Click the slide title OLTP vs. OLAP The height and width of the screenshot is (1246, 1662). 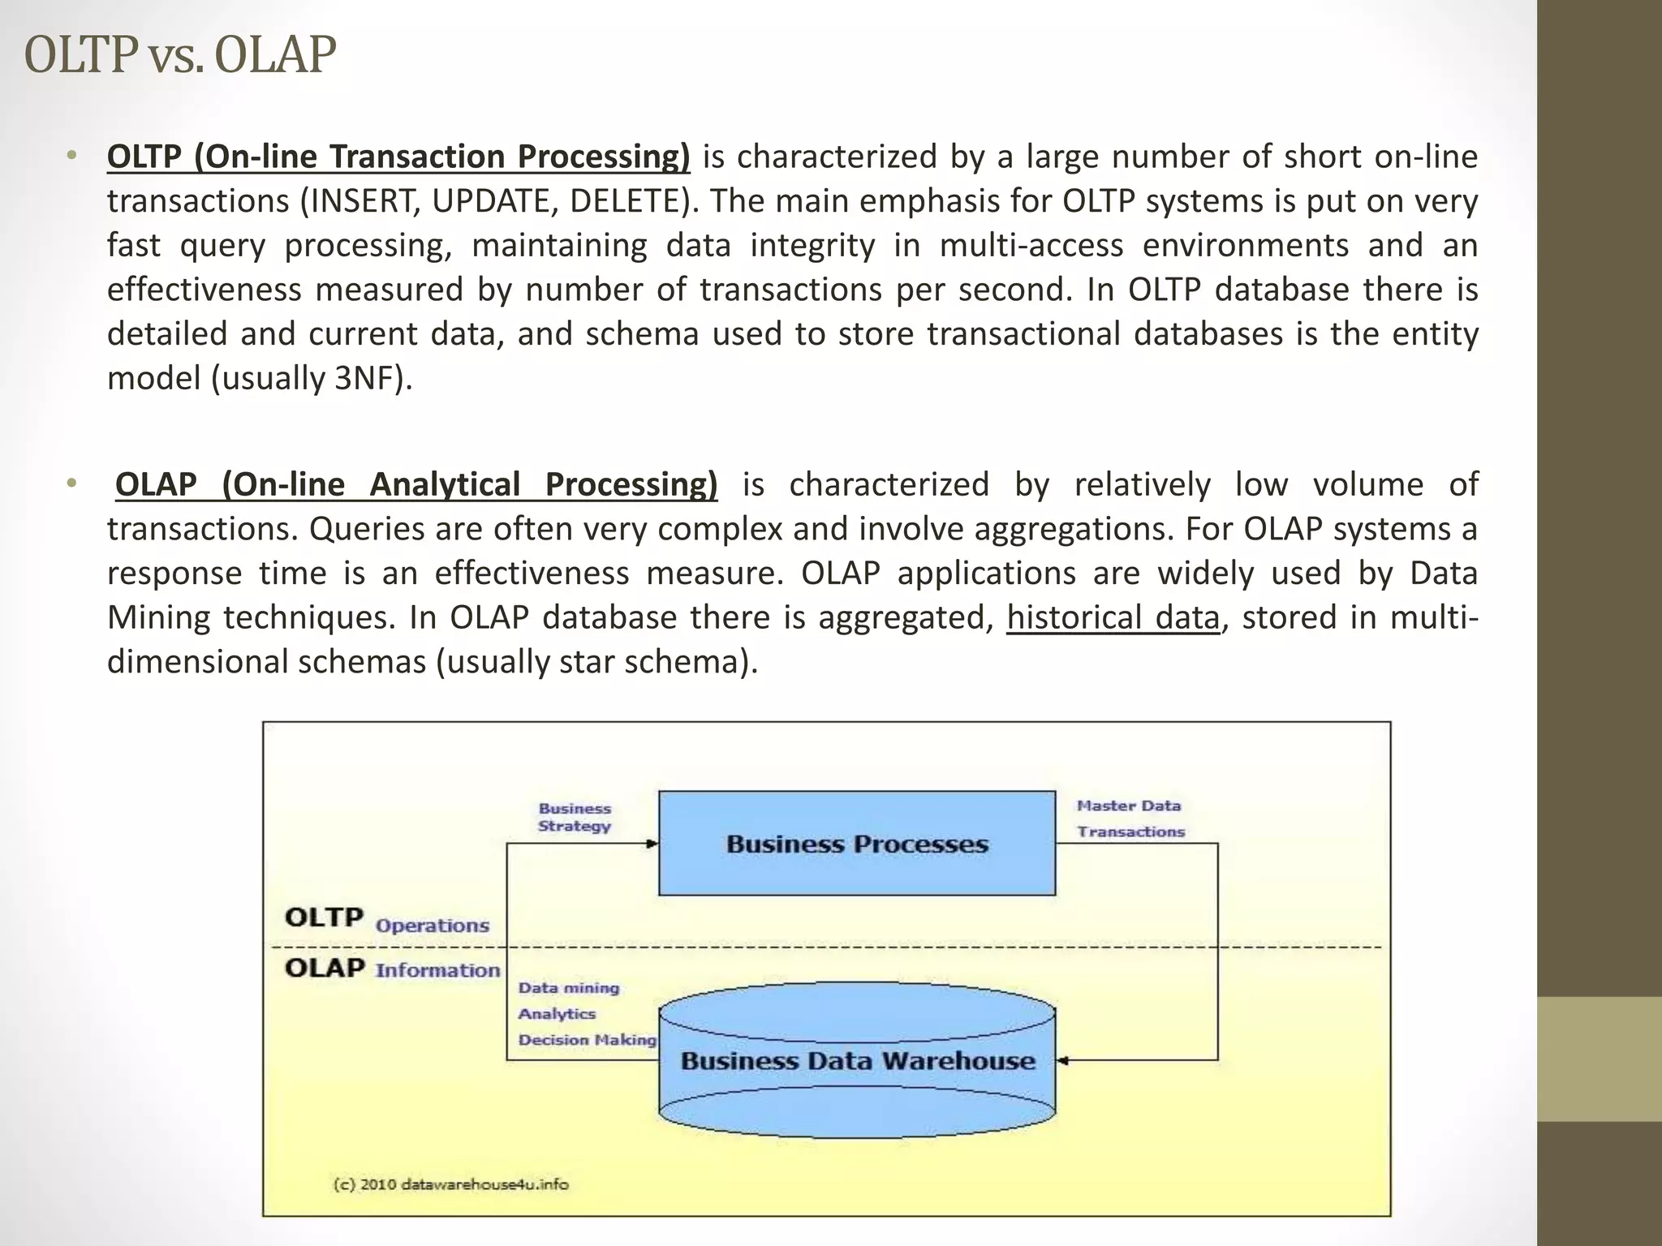tap(180, 55)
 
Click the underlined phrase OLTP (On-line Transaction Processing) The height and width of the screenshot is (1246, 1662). tap(398, 157)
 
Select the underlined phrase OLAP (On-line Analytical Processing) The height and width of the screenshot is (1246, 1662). tap(416, 484)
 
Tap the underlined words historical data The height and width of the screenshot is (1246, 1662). tap(1113, 617)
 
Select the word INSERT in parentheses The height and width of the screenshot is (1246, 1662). tap(361, 201)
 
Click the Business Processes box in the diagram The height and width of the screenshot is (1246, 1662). tap(857, 844)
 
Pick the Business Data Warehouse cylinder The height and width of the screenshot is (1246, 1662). tap(857, 1061)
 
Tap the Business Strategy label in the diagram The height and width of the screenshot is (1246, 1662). tap(575, 818)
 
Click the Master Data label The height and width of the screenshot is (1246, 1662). tap(1128, 806)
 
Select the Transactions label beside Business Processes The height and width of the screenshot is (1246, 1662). tap(1130, 831)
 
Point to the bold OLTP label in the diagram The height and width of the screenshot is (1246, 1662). tap(324, 918)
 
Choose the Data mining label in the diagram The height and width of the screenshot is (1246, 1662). tap(569, 988)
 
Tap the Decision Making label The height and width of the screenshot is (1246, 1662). tap(587, 1040)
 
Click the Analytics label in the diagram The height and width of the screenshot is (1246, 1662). tap(557, 1014)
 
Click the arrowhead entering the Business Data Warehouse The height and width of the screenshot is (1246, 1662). tap(1063, 1060)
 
